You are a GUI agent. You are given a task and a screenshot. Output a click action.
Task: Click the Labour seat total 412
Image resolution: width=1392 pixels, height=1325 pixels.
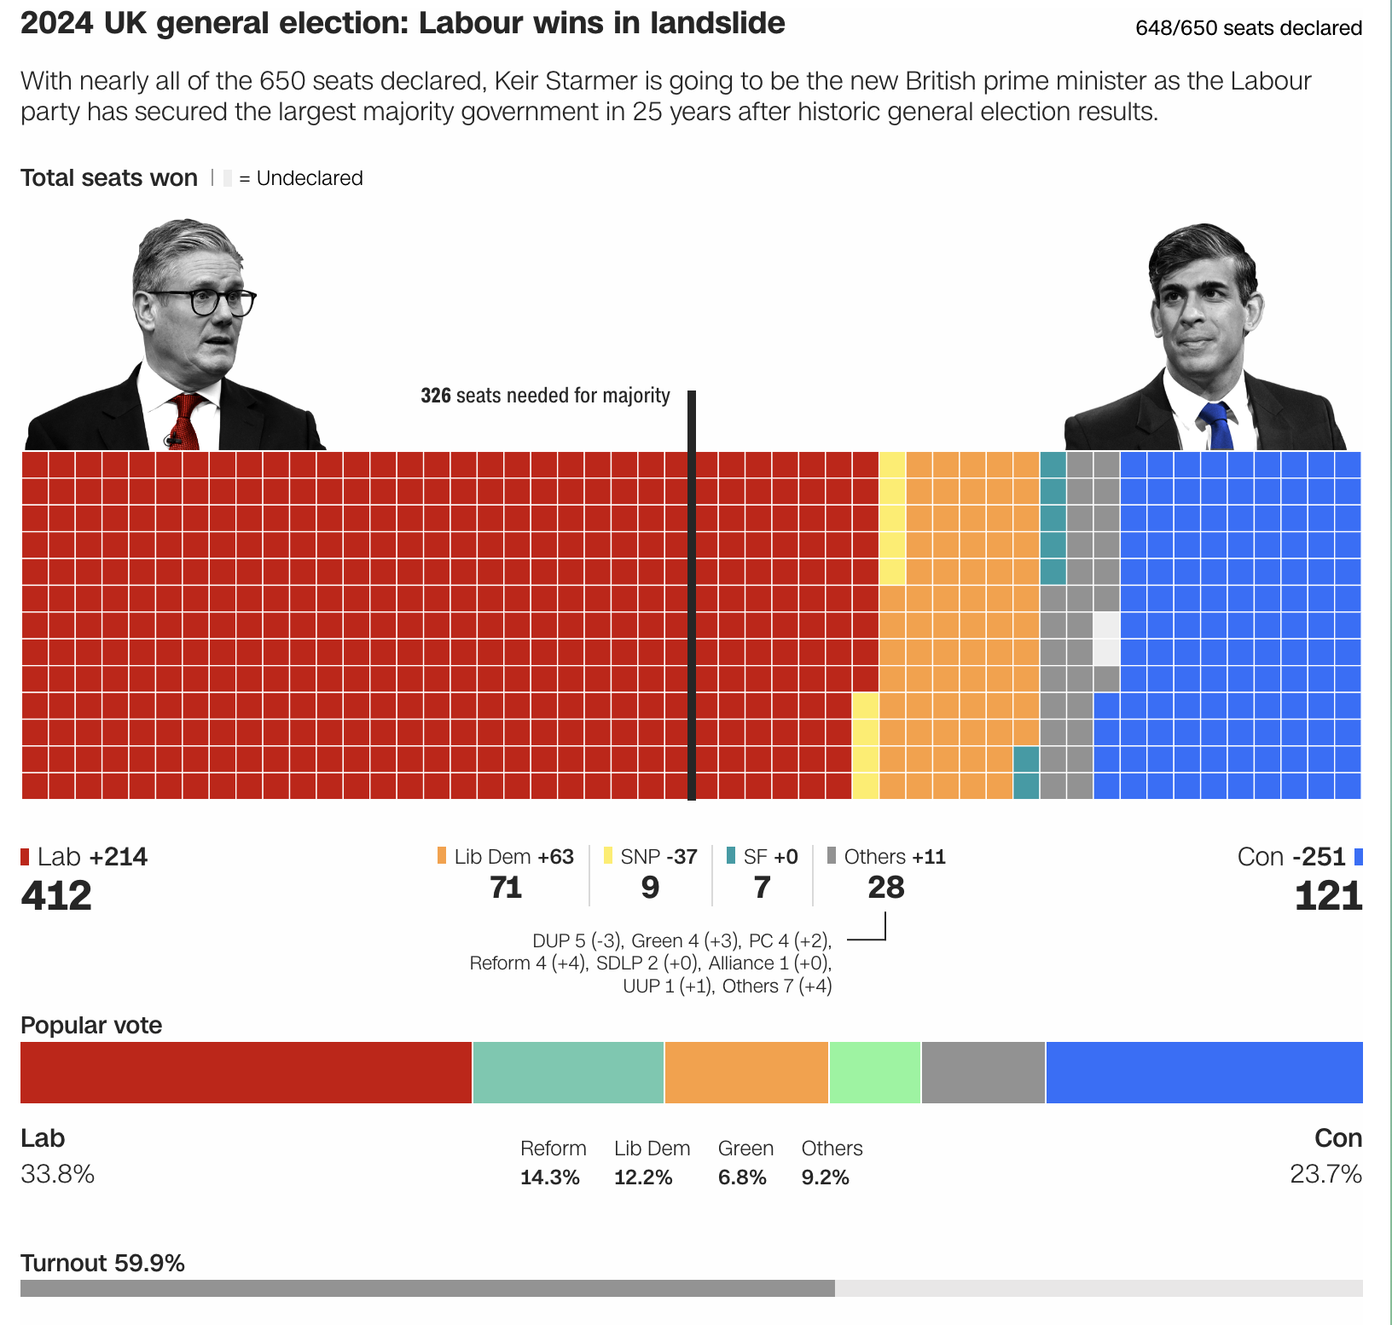[56, 895]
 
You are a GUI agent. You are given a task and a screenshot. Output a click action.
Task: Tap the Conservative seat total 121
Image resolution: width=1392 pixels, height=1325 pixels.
[1328, 895]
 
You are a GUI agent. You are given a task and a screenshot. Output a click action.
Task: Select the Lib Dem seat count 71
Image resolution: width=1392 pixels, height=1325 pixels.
[506, 888]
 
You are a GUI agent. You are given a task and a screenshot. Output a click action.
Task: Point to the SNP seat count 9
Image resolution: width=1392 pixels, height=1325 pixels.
[650, 888]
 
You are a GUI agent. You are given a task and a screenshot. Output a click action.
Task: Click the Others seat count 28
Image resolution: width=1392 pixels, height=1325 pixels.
[885, 888]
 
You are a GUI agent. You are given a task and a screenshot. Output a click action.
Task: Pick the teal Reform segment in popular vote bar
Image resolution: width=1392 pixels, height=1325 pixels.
[568, 1072]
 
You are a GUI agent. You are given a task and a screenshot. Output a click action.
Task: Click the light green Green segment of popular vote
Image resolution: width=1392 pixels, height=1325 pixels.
[875, 1072]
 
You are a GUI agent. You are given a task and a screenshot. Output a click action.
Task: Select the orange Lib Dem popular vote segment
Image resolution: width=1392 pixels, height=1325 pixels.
[746, 1072]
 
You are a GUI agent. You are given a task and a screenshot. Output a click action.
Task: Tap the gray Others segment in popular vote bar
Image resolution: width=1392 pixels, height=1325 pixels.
[983, 1072]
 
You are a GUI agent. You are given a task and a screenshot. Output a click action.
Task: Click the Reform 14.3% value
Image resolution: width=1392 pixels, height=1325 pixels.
[550, 1177]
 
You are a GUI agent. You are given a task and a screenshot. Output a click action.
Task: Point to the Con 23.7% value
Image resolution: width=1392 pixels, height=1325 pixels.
[1325, 1174]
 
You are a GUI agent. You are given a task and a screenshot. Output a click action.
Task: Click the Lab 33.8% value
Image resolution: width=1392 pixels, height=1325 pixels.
[57, 1174]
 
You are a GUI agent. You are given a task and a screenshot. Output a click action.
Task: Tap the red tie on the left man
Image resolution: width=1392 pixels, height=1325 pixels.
[186, 422]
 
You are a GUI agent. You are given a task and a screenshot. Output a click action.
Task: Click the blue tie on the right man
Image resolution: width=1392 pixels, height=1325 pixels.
[1216, 425]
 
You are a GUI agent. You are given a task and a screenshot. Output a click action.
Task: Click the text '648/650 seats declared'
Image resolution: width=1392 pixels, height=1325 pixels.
[1249, 28]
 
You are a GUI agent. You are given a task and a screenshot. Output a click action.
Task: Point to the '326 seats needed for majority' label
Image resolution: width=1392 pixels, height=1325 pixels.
[545, 396]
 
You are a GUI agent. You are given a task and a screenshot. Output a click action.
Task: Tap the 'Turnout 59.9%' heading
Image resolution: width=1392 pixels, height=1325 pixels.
[102, 1263]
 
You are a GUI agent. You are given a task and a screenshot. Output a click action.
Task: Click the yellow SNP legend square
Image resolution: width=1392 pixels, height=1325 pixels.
[608, 856]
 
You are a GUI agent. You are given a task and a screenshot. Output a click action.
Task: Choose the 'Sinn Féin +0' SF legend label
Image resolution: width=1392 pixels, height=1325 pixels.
[770, 857]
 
